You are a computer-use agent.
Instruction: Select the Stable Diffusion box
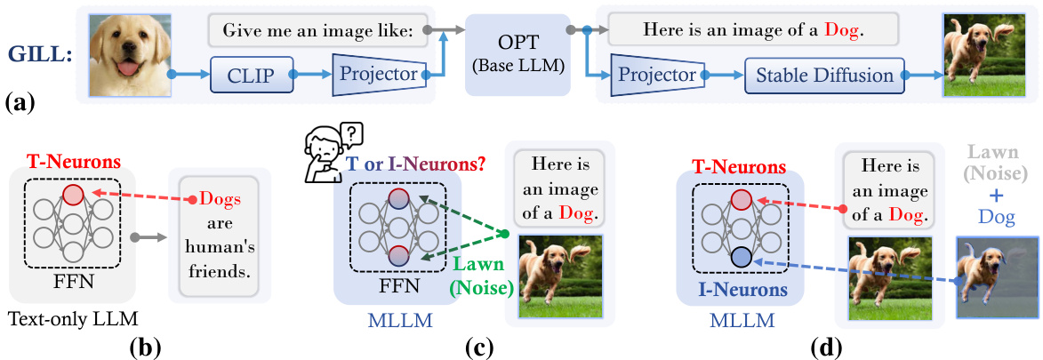(824, 76)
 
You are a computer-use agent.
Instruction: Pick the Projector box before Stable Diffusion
(654, 76)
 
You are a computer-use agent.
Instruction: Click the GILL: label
(40, 52)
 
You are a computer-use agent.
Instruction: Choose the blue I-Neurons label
(740, 289)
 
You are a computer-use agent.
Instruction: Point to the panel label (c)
(481, 347)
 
